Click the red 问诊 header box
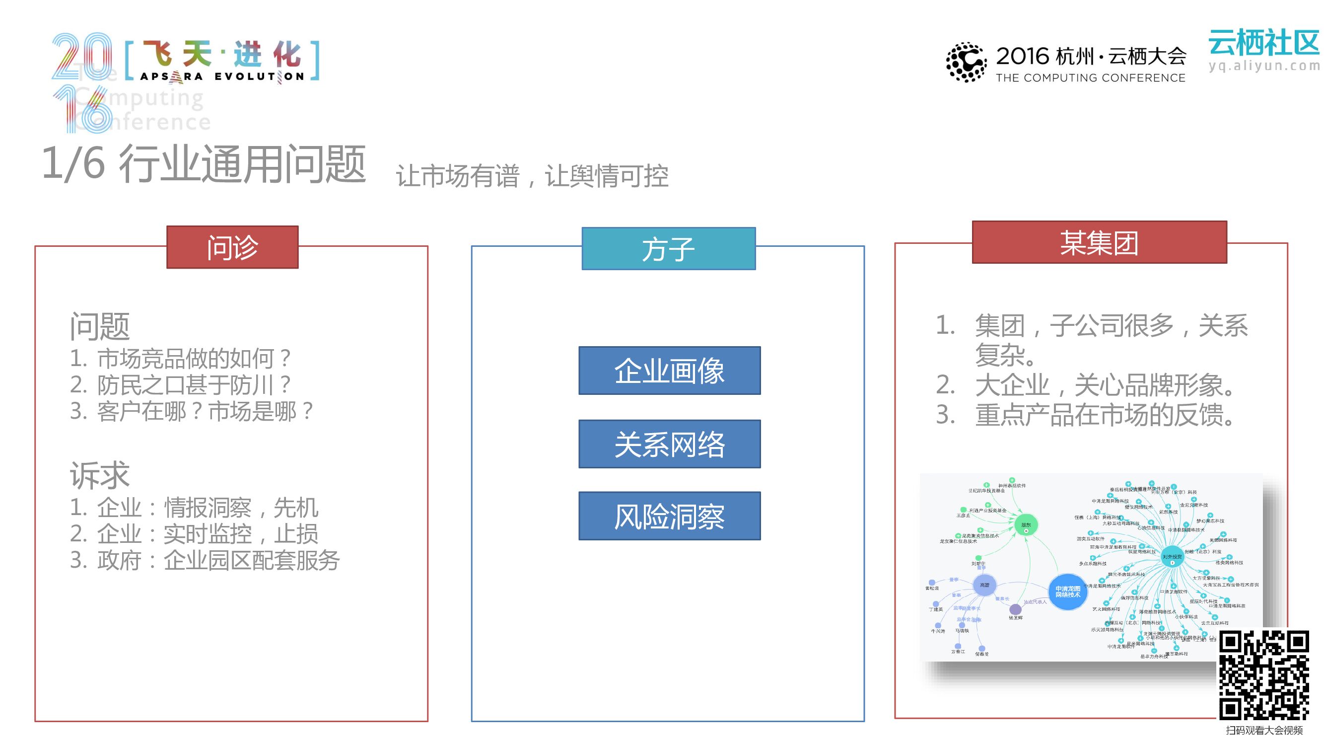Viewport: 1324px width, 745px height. tap(232, 247)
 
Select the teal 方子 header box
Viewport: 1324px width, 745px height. tap(668, 249)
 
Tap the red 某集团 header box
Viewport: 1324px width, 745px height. tap(1099, 243)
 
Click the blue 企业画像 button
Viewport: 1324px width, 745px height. tap(669, 371)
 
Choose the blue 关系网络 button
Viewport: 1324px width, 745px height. tap(669, 444)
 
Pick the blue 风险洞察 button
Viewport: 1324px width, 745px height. tap(669, 516)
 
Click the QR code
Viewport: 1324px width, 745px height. tap(1264, 675)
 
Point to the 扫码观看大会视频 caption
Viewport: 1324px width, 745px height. tap(1264, 730)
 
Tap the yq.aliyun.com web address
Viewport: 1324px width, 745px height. tap(1264, 66)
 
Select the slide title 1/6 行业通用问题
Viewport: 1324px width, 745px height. tap(204, 164)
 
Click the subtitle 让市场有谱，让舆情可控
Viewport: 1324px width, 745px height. tap(532, 176)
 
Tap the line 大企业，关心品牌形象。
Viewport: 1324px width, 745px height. tap(1105, 385)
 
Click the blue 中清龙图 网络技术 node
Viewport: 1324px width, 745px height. tap(1067, 592)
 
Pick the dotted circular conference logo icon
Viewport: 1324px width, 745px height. tap(966, 62)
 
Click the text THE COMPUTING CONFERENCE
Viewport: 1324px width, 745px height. tap(1090, 78)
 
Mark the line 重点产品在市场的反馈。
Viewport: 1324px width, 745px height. tap(1105, 415)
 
